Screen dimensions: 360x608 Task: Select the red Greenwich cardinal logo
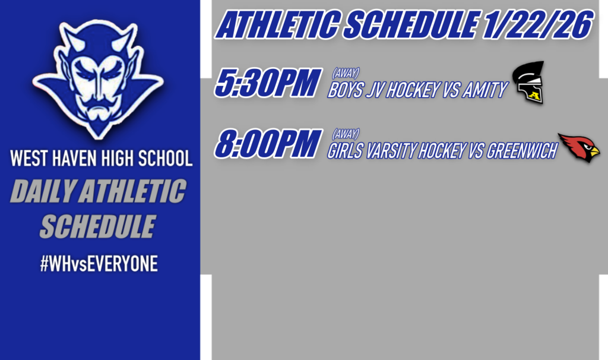[579, 147]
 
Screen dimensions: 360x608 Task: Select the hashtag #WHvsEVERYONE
[99, 264]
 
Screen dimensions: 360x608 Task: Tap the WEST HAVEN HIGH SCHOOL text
[101, 159]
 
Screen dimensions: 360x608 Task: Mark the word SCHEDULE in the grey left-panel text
[98, 226]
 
